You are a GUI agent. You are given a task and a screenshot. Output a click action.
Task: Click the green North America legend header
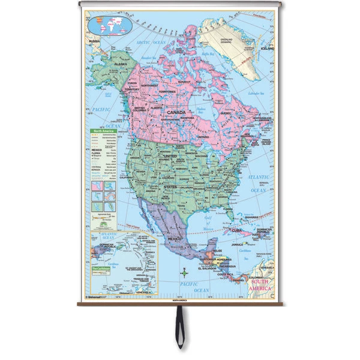click(102, 131)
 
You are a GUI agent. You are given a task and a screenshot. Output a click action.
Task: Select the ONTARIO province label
click(202, 137)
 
